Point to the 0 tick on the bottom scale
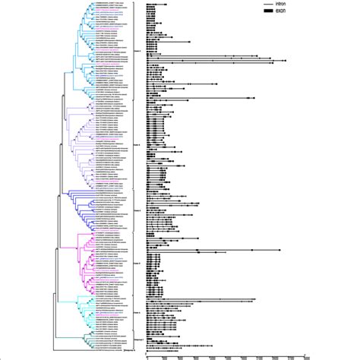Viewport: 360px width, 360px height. (x=147, y=352)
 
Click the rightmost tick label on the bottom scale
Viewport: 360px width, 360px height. (x=305, y=352)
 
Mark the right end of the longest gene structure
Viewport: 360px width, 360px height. (x=286, y=61)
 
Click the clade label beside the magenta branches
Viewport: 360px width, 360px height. (x=139, y=264)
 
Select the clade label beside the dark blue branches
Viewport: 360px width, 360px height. (x=139, y=209)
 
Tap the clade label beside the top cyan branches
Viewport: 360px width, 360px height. (x=139, y=49)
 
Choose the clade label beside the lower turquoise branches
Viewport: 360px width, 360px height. (x=139, y=311)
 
